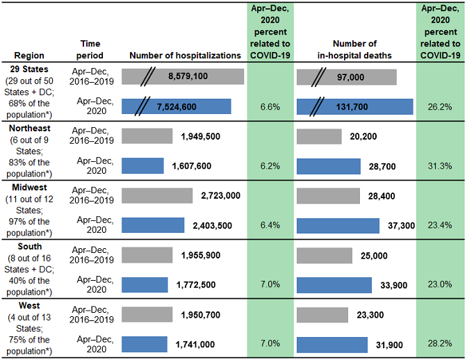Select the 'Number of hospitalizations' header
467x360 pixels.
click(x=185, y=55)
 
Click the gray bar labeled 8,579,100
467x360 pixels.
click(x=183, y=76)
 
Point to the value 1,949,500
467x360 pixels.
click(x=204, y=136)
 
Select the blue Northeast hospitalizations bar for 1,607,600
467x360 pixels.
click(x=142, y=166)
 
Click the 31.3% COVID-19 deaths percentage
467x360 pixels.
click(x=441, y=166)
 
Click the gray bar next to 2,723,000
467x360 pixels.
click(x=156, y=196)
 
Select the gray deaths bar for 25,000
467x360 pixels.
click(x=325, y=255)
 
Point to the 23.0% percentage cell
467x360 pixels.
click(x=441, y=285)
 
